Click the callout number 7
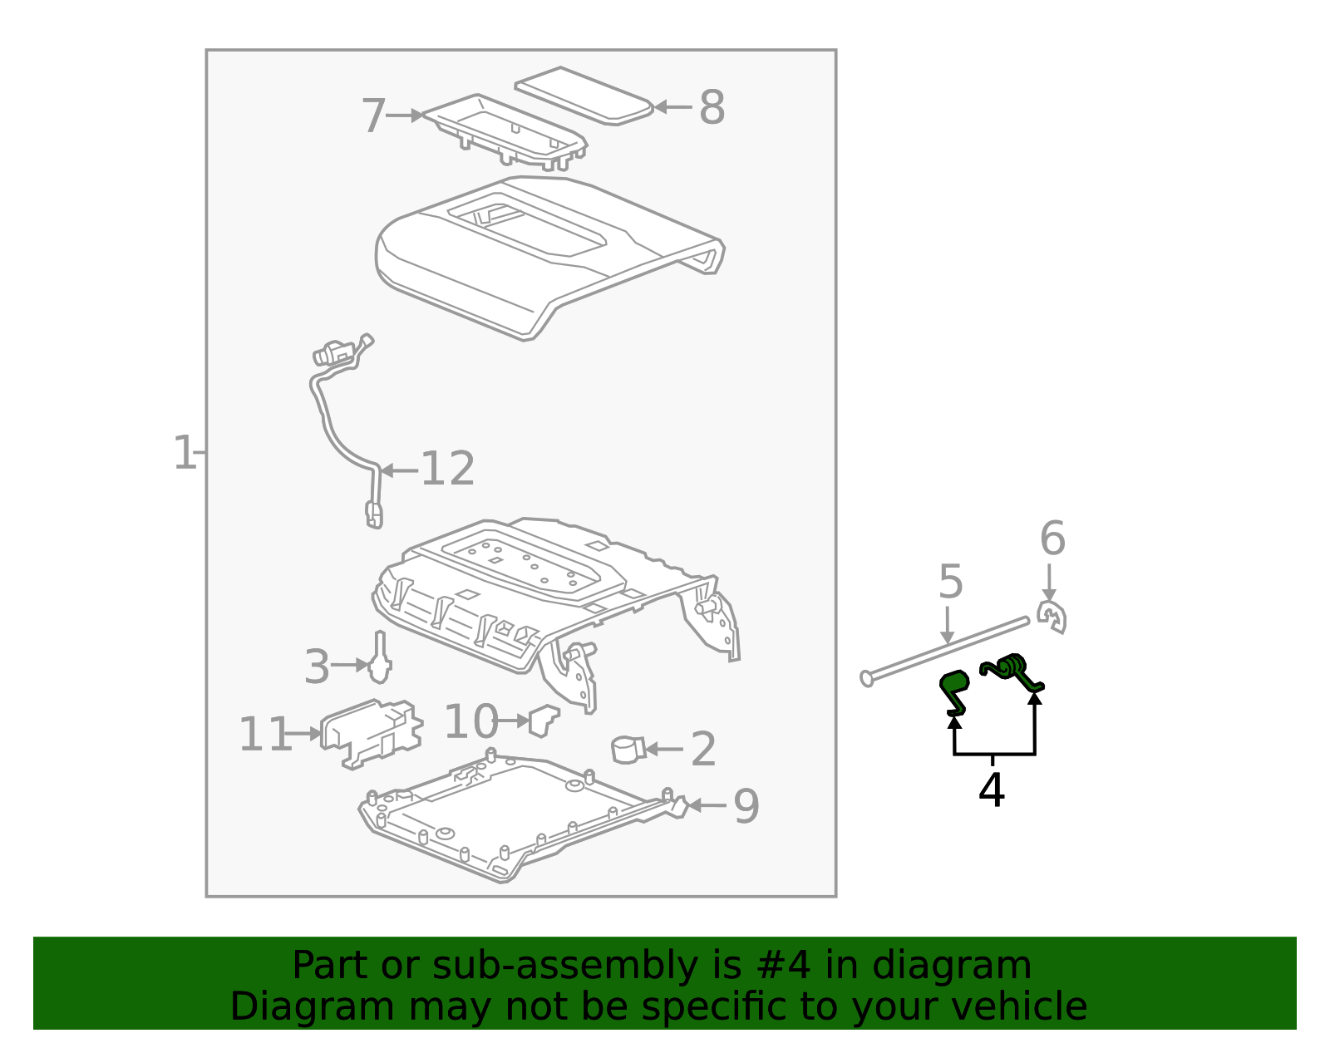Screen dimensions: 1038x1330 click(x=373, y=116)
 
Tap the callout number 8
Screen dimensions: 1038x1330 click(x=712, y=108)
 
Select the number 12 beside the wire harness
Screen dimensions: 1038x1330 click(x=447, y=469)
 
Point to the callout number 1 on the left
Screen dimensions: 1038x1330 click(x=184, y=453)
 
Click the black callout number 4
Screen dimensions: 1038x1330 click(x=992, y=790)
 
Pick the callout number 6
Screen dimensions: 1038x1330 click(x=1052, y=539)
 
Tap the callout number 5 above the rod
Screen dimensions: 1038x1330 click(x=950, y=582)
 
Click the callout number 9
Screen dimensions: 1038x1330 click(x=746, y=806)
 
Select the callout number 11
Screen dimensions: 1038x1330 click(x=264, y=735)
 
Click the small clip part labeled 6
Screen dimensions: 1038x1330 click(x=1052, y=617)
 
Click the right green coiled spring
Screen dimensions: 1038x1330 click(x=1011, y=670)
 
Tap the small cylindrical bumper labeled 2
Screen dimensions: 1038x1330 click(x=626, y=749)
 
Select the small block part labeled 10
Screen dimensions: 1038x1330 click(x=544, y=719)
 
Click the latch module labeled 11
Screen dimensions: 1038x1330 click(x=370, y=731)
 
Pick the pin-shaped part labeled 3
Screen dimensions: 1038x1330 click(x=381, y=659)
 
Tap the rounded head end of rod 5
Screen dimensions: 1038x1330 click(x=867, y=679)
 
